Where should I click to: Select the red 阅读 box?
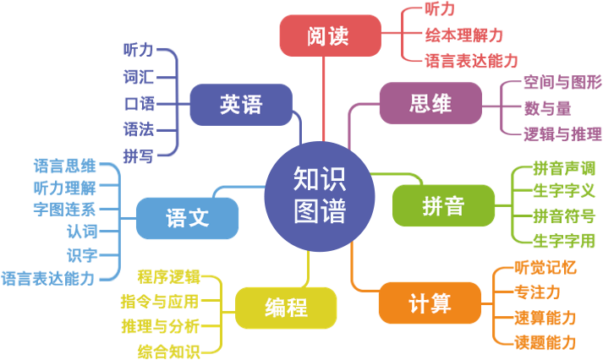pyautogui.click(x=327, y=36)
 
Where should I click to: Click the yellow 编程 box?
pyautogui.click(x=286, y=307)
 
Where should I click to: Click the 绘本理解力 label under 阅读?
pyautogui.click(x=464, y=35)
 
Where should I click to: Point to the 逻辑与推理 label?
pyautogui.click(x=562, y=133)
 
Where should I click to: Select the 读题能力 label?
pyautogui.click(x=545, y=342)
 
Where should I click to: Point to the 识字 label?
pyautogui.click(x=81, y=254)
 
